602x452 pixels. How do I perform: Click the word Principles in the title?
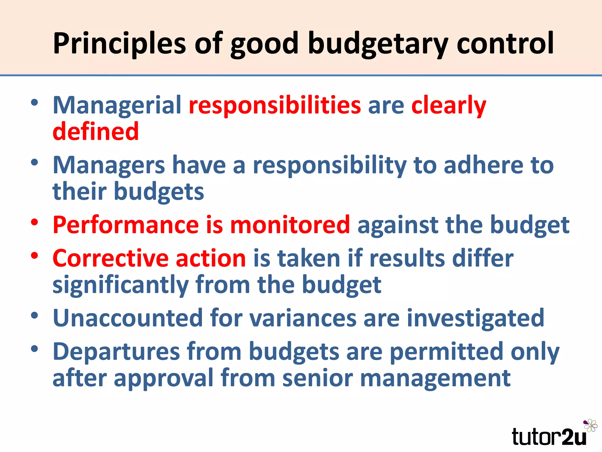[x=119, y=44]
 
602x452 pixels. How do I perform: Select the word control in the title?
[x=505, y=44]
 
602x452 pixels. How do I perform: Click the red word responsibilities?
[x=275, y=105]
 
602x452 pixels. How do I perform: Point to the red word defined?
[x=96, y=132]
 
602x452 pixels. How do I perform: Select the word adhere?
[x=483, y=165]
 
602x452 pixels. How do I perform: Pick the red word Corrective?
[x=110, y=258]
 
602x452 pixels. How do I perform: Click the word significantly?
[x=121, y=285]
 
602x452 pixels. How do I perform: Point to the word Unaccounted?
[x=128, y=318]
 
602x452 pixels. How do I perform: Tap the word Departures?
[x=116, y=352]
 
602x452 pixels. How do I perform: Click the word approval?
[x=163, y=378]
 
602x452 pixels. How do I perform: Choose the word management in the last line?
[x=435, y=378]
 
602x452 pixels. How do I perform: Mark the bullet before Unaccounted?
[x=35, y=315]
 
